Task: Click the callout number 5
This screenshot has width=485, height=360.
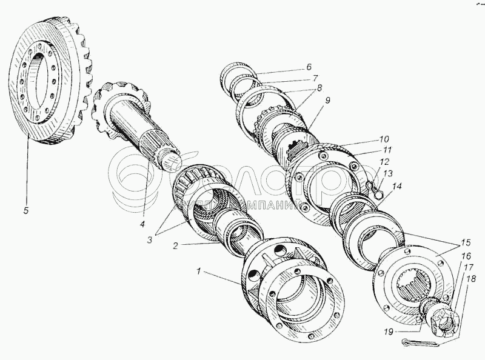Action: [x=25, y=212]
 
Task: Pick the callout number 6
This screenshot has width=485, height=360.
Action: [x=309, y=67]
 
